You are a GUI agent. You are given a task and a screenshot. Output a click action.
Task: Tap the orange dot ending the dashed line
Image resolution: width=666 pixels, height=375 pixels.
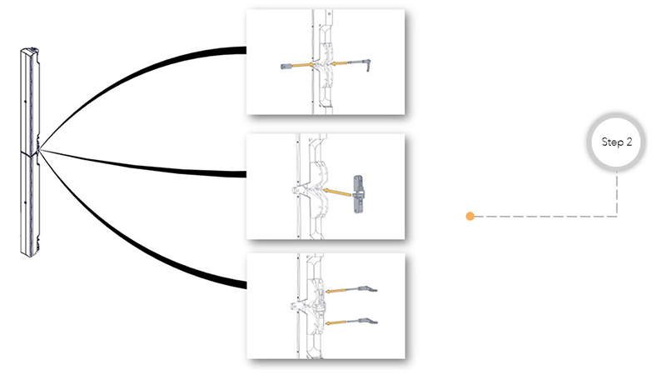470,217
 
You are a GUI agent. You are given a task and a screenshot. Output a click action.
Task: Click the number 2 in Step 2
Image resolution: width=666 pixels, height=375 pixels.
629,142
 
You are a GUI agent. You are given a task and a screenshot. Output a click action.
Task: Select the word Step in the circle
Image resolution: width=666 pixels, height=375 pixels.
612,142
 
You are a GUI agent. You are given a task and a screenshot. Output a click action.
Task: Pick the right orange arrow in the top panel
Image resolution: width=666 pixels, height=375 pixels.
339,63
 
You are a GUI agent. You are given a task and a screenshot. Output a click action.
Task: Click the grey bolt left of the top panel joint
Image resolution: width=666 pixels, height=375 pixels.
286,67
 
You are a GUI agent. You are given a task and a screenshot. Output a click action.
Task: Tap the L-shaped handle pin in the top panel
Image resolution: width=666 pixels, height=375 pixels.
360,64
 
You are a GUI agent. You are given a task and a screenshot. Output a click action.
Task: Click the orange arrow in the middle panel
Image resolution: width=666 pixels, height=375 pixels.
337,192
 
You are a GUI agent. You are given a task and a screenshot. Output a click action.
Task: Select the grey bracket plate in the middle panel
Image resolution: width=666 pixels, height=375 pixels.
359,194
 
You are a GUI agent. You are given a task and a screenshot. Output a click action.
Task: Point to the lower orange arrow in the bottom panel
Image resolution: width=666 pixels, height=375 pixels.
336,322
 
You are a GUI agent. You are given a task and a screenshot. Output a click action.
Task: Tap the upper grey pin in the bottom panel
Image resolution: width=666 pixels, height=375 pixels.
362,289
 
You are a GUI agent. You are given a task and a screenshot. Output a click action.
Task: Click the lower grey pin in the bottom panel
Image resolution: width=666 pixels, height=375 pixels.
362,321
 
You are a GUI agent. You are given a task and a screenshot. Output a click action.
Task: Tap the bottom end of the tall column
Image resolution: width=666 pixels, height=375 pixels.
30,254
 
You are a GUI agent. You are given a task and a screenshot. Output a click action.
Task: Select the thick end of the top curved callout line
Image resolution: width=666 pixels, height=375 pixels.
244,50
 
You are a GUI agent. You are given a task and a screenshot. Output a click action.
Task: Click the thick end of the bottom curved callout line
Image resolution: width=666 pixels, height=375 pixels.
244,285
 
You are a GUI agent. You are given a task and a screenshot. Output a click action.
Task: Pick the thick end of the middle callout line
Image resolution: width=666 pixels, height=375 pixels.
244,174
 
